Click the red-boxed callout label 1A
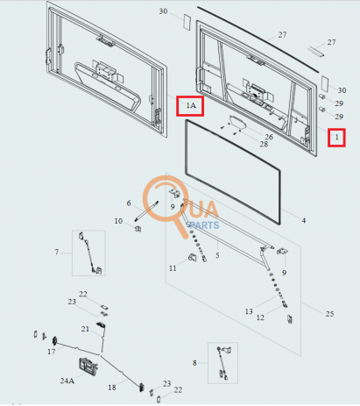(x=191, y=105)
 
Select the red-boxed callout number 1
(x=336, y=137)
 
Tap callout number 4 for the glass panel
(x=304, y=220)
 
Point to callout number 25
(x=329, y=314)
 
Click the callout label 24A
(x=67, y=381)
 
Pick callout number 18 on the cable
(x=112, y=388)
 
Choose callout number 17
(x=52, y=352)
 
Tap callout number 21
(x=85, y=329)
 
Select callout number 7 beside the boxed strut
(x=57, y=252)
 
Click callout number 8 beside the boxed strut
(x=194, y=363)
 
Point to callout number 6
(x=129, y=203)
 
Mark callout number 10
(x=118, y=221)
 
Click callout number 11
(x=173, y=268)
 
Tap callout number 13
(x=249, y=311)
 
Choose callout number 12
(x=260, y=317)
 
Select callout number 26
(x=269, y=137)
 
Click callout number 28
(x=264, y=144)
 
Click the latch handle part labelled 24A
(x=88, y=367)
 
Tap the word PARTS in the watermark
(x=204, y=225)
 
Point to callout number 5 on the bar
(x=217, y=255)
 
